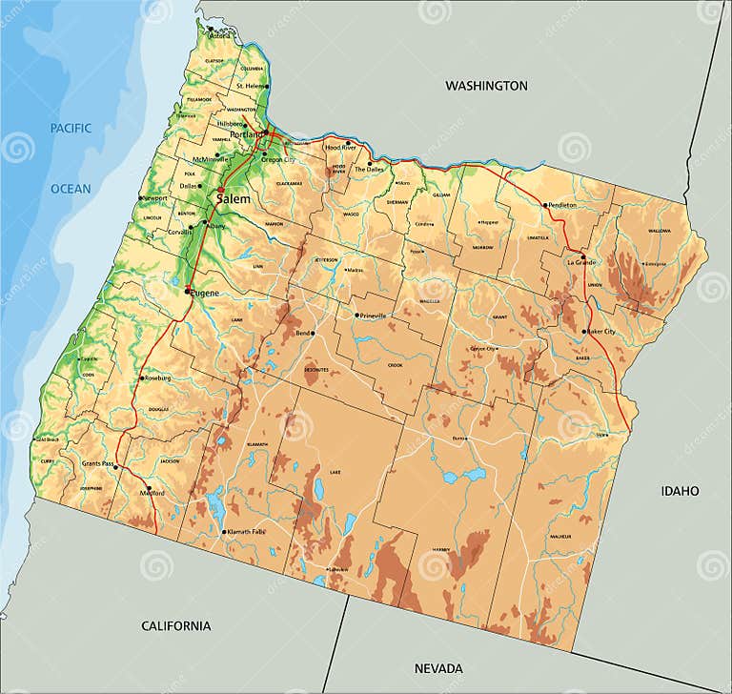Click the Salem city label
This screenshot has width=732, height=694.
[x=234, y=199]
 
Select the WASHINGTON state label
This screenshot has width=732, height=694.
[x=486, y=86]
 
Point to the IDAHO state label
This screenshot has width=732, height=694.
[x=680, y=491]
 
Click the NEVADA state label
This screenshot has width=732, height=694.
[x=439, y=668]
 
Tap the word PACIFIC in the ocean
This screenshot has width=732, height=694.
[x=71, y=128]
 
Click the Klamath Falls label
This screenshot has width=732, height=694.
[x=245, y=531]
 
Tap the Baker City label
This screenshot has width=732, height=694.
[x=600, y=332]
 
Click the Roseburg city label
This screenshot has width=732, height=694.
[x=158, y=378]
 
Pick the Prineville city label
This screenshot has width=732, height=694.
[x=374, y=315]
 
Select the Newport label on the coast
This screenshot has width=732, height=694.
[x=154, y=198]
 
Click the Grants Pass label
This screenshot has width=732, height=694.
[x=98, y=462]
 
